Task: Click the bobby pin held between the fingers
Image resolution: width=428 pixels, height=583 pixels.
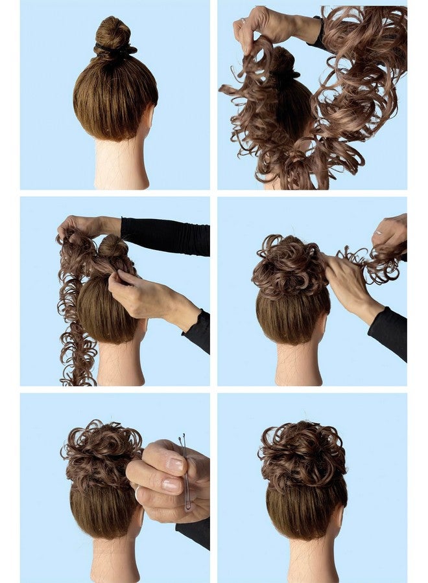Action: pyautogui.click(x=186, y=473)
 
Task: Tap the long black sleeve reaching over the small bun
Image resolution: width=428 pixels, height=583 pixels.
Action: pyautogui.click(x=165, y=236)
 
